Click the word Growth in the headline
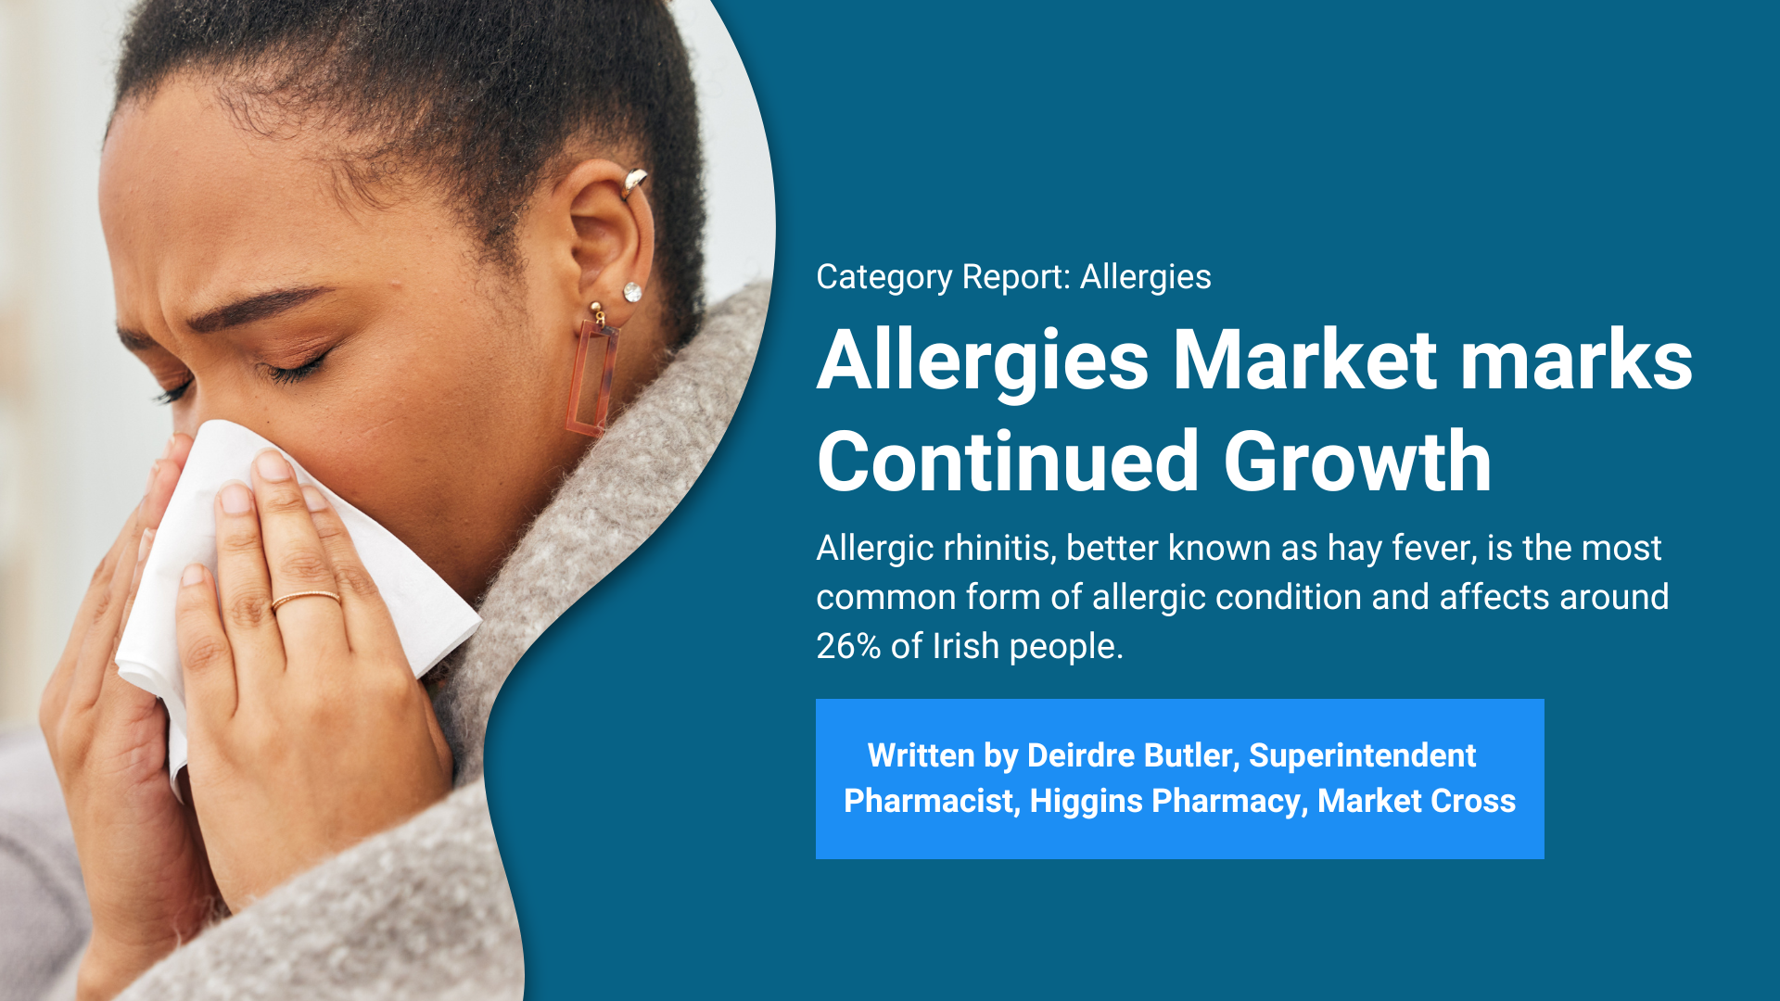1357,462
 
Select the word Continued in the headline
1009,462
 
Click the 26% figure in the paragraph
848,646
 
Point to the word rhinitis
999,548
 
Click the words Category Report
943,277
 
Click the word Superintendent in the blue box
1362,756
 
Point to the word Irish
965,646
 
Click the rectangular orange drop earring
593,376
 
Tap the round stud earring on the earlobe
632,292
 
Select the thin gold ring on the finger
306,600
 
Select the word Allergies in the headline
983,361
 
